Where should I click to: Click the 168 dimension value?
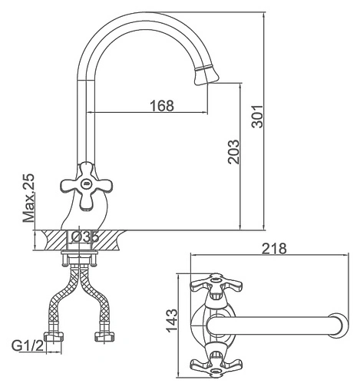162,106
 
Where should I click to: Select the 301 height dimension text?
257,116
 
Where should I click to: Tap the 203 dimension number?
233,152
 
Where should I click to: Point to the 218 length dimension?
275,249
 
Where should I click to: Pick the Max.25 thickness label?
28,198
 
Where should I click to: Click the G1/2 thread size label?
28,346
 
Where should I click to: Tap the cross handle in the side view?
86,186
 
